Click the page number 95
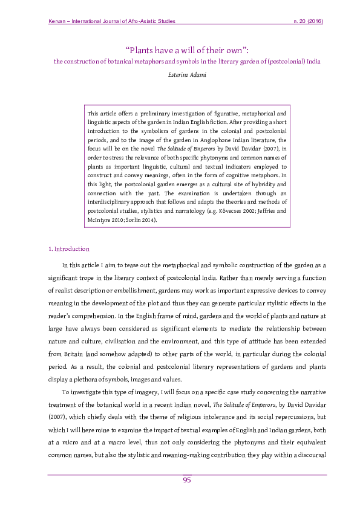187,480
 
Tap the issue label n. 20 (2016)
307,22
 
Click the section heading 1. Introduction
68,248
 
